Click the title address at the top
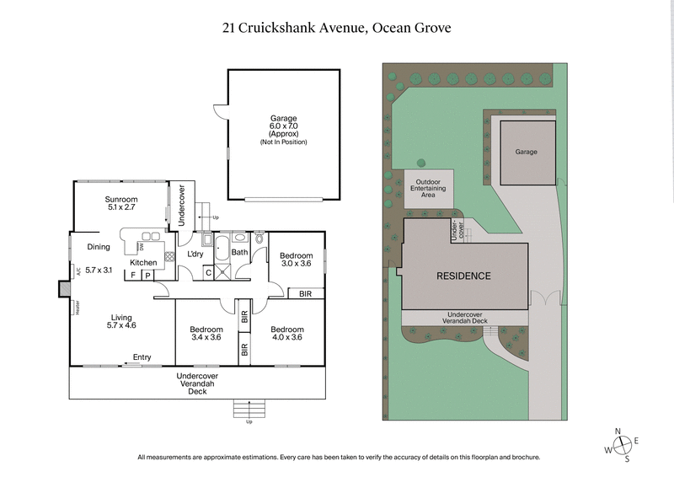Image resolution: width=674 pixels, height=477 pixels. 336,28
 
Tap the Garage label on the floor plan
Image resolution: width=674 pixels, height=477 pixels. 283,130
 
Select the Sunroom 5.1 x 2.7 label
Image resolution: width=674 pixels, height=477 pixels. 120,202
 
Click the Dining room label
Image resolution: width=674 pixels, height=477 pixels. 99,247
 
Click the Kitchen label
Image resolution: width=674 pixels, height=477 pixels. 143,262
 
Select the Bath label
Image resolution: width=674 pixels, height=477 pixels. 239,252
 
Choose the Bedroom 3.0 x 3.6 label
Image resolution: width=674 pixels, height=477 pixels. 296,260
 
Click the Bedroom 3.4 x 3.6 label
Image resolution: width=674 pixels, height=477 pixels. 206,333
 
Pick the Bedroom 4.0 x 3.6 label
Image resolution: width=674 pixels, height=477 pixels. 286,333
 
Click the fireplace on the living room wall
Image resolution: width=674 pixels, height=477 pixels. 64,289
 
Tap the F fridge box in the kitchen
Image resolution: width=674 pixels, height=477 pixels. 133,275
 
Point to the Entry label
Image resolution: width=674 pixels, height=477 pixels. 142,357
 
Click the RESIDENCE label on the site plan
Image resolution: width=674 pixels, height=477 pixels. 463,276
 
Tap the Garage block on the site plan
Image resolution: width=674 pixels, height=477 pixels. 527,152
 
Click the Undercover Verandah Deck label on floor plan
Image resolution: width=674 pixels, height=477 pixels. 197,383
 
